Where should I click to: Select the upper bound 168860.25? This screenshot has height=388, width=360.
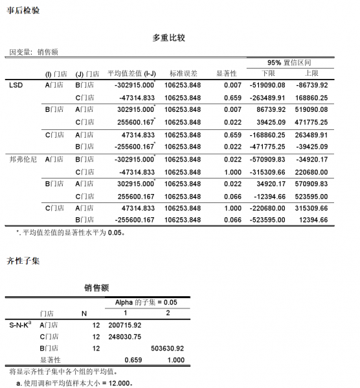point(311,97)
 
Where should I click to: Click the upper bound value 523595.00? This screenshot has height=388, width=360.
point(311,196)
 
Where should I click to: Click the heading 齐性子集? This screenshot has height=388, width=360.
point(23,261)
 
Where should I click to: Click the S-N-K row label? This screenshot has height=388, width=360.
point(20,325)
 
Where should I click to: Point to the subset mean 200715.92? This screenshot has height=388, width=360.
point(126,325)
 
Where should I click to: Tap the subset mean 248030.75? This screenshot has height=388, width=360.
point(126,336)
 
